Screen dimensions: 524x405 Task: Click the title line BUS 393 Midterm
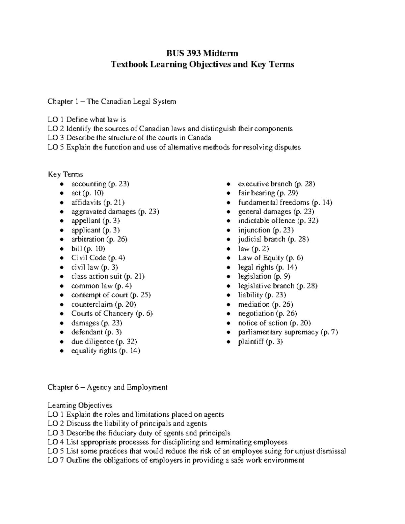click(x=202, y=53)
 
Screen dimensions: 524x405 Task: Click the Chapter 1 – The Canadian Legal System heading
click(x=112, y=102)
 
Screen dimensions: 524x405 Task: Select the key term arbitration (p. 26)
click(x=99, y=239)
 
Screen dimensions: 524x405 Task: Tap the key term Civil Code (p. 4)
click(x=98, y=258)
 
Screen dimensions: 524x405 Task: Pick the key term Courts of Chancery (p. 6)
click(x=112, y=313)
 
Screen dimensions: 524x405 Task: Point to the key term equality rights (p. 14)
click(x=105, y=351)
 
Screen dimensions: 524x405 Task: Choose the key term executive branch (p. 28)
click(x=276, y=184)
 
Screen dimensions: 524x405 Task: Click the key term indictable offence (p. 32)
click(x=278, y=221)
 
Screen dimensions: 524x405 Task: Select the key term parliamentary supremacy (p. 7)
click(x=288, y=332)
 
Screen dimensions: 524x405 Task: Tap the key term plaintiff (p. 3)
click(x=260, y=342)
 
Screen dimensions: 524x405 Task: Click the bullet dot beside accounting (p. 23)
click(x=61, y=184)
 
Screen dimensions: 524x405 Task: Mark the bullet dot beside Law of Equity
click(x=228, y=258)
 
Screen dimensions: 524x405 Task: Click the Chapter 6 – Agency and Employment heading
click(x=107, y=387)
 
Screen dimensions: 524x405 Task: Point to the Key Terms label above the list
click(x=65, y=174)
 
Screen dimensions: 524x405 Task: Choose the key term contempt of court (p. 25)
click(x=111, y=295)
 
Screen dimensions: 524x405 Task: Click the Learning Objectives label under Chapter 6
click(x=80, y=405)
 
